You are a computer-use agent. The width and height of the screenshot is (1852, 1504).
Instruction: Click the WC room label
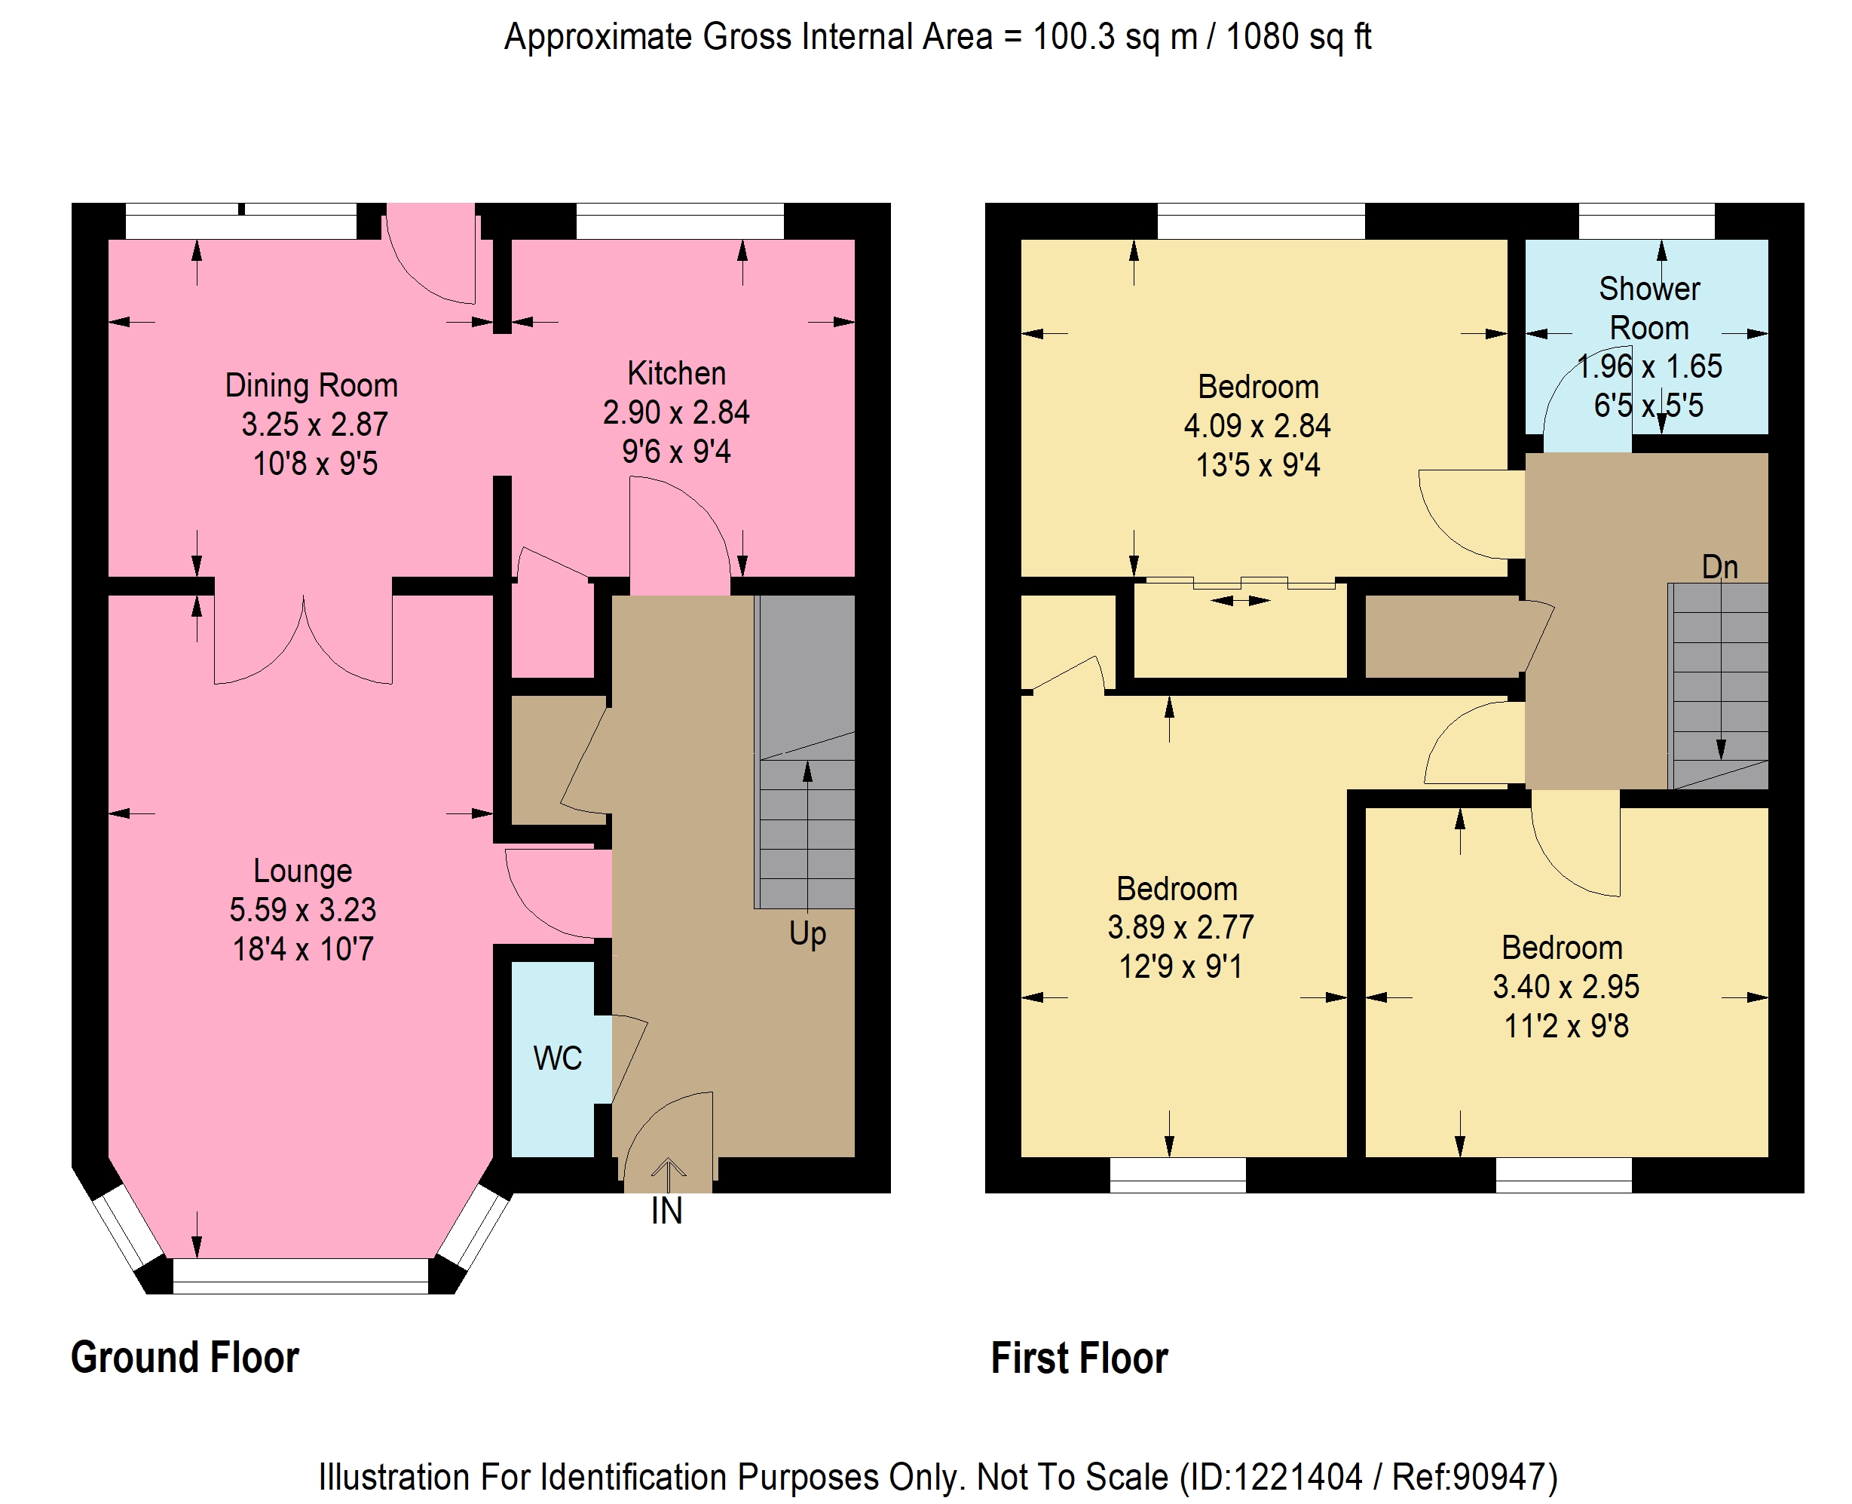[x=557, y=1058]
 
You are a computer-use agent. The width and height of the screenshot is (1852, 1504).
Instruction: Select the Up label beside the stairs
[x=807, y=934]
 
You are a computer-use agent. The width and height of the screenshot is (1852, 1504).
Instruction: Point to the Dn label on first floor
[x=1719, y=567]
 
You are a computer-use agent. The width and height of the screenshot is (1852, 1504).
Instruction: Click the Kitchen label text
[x=677, y=372]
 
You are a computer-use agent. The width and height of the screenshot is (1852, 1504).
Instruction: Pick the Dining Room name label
[x=311, y=385]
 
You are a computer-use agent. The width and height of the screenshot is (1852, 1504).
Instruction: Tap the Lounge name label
[x=302, y=871]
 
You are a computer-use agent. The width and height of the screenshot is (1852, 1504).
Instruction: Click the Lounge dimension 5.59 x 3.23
[x=302, y=910]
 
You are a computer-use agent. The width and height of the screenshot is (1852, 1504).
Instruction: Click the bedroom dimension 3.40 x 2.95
[x=1566, y=986]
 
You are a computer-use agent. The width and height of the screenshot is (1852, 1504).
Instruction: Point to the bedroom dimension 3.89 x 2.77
[x=1180, y=927]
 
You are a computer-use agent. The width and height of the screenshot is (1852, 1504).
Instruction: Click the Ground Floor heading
[x=185, y=1358]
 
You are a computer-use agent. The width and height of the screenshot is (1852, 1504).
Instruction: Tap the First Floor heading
[x=1079, y=1358]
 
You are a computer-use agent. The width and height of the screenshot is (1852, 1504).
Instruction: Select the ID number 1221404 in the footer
[x=1298, y=1476]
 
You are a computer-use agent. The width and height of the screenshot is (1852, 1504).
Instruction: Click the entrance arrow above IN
[x=668, y=1175]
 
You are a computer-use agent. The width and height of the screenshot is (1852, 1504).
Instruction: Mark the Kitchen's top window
[x=680, y=221]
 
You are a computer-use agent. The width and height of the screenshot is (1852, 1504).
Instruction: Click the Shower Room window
[x=1645, y=221]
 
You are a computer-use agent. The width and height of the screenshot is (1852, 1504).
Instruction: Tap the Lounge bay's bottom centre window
[x=301, y=1276]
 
